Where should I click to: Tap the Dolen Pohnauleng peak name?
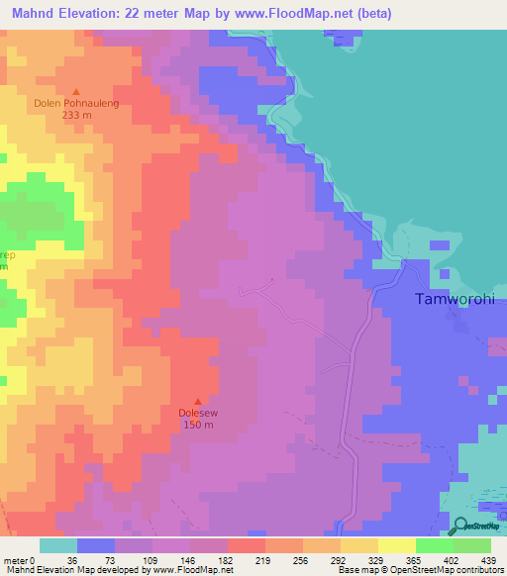pos(76,102)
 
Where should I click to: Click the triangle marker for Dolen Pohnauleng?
pos(75,91)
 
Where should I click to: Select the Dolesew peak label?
pos(197,413)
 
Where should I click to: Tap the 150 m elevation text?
pos(197,425)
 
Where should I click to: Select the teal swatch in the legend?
pos(57,545)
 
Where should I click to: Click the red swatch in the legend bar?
pos(246,545)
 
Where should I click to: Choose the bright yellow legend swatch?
pos(396,545)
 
